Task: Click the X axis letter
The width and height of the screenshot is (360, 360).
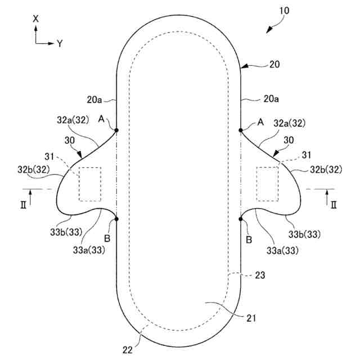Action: pos(36,19)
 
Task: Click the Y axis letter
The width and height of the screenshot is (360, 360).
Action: pos(59,43)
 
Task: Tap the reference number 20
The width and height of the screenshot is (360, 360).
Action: pos(274,65)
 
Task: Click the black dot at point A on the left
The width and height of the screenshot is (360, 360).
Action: pos(116,130)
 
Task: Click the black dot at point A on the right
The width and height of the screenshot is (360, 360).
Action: pos(241,130)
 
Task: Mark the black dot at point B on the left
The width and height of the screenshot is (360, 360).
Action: pos(116,219)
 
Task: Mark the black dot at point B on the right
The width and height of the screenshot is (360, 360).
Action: pos(241,219)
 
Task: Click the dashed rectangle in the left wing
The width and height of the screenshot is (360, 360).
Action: pos(90,183)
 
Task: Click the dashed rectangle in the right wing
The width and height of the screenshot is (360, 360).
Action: pos(268,183)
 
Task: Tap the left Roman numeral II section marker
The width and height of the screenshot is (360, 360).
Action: pos(24,203)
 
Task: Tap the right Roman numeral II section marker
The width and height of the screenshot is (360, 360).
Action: pos(333,203)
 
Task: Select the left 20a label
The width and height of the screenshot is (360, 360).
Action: pos(94,100)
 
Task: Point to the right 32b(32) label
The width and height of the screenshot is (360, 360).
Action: pos(326,169)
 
